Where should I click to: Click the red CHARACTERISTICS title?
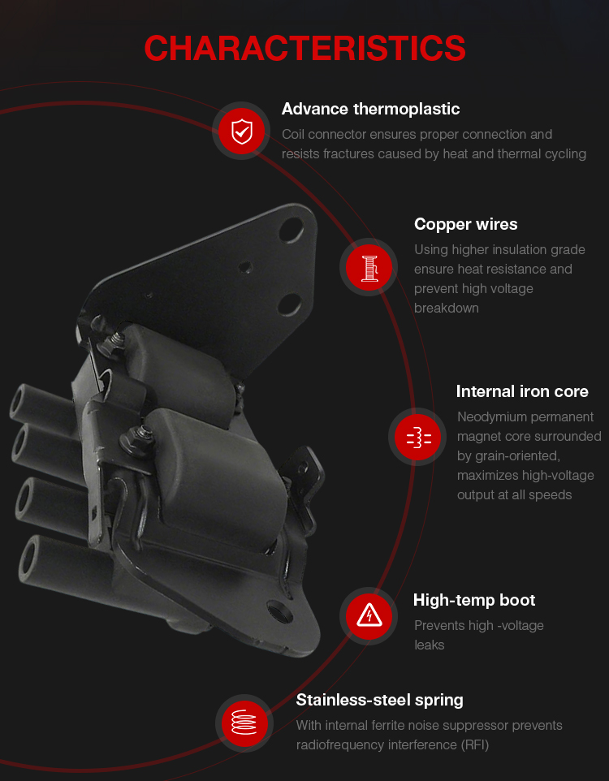304,49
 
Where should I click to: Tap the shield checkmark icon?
242,132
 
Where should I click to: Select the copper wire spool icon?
369,267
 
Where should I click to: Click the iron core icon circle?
417,437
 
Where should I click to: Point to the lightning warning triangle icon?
369,616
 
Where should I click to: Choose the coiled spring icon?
244,723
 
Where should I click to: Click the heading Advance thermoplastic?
370,109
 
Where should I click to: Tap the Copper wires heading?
465,225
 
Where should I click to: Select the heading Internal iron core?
522,391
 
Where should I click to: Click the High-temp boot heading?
474,600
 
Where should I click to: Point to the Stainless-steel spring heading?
379,701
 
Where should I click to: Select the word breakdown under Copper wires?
446,309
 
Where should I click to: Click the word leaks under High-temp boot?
429,645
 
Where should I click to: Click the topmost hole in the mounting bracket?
292,230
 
